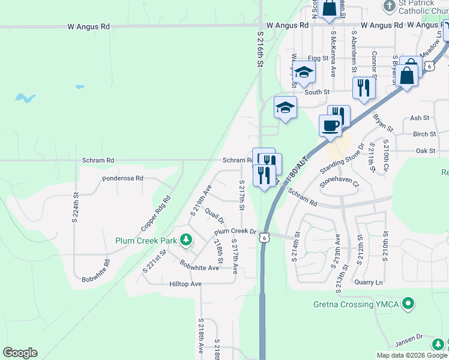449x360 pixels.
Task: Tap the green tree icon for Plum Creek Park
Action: tap(186, 241)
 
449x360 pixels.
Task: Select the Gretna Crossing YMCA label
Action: tap(356, 304)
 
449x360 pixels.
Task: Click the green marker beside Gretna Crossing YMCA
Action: tap(409, 304)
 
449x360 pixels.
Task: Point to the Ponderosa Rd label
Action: tap(122, 178)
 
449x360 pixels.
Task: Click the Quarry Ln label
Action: tap(369, 282)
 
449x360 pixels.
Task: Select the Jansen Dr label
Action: tap(409, 341)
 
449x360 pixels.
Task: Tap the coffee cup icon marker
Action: tap(330, 125)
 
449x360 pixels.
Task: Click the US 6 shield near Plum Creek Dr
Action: tap(264, 238)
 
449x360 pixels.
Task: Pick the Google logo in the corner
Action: tap(20, 353)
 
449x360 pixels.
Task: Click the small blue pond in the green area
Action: tap(24, 97)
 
